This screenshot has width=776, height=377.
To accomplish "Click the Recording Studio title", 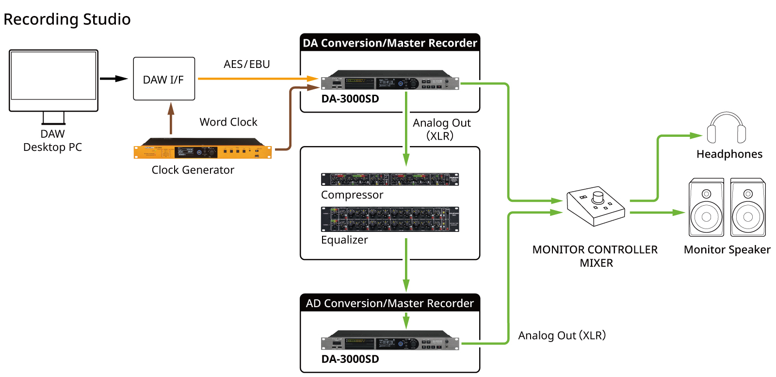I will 67,19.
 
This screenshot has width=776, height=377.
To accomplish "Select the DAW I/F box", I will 164,79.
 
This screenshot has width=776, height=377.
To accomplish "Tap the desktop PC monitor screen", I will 53,76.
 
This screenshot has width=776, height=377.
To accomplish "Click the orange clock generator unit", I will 202,151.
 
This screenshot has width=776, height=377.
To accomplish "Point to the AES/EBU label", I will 246,64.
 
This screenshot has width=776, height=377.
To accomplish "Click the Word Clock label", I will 228,122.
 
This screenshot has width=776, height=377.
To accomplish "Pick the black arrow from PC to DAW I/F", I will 113,79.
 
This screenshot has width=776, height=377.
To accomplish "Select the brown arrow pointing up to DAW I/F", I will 171,117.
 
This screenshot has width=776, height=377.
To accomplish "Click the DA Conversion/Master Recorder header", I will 390,43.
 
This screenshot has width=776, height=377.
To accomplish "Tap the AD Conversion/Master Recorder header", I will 390,303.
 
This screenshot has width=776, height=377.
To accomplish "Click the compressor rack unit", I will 389,180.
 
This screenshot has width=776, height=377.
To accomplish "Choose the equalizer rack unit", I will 389,219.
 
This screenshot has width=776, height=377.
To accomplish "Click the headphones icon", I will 726,129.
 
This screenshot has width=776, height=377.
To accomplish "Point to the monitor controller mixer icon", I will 596,206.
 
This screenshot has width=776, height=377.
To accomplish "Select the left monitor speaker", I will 706,208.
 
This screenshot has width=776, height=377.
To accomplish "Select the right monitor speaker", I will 748,208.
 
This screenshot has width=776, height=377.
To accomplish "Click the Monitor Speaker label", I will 727,250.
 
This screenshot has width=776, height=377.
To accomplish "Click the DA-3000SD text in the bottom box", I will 350,359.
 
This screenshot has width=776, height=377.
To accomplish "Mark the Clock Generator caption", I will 193,170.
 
